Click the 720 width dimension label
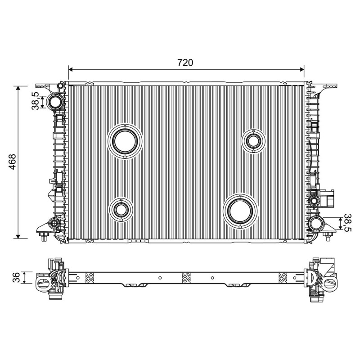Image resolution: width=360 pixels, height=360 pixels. coord(185,63)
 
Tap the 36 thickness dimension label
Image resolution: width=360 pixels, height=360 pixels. coord(16,277)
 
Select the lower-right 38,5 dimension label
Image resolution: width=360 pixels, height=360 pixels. coord(347,223)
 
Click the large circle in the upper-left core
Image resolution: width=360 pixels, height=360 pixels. coord(125,141)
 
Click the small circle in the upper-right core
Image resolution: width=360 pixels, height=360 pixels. coord(253,141)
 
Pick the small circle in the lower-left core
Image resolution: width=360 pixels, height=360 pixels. coord(121,209)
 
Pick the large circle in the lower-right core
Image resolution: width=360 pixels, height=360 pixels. coord(240,211)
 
